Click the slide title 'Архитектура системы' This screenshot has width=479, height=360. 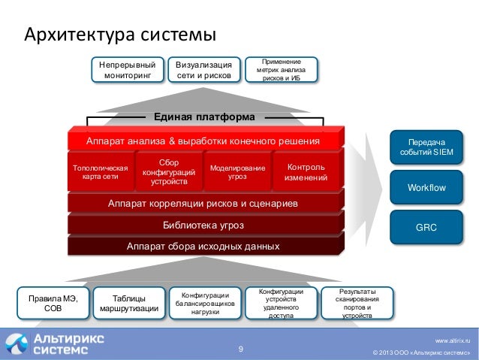tap(121, 35)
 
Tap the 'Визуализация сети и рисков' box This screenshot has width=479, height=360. tap(204, 70)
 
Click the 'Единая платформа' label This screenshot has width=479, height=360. tap(204, 117)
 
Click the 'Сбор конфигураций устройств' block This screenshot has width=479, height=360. tap(169, 171)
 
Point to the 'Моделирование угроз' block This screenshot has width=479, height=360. tap(237, 171)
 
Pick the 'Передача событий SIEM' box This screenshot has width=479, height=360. tap(426, 147)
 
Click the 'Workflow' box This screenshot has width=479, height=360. tap(426, 187)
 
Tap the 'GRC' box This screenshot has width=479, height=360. tap(426, 226)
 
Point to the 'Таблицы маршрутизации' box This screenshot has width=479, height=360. tap(129, 302)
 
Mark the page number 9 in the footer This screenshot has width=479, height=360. tap(241, 349)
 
